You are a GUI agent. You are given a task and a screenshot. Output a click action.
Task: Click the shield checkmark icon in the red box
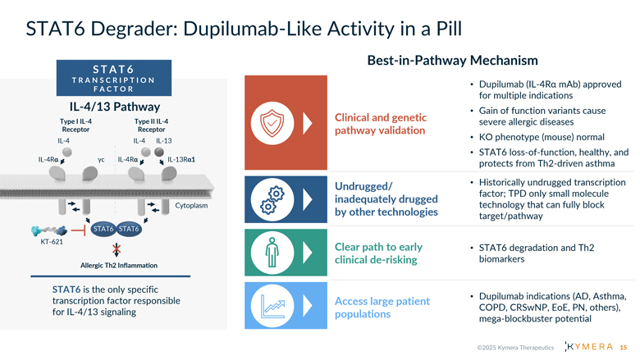[x=272, y=122]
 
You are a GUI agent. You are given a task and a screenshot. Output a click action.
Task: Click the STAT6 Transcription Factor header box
[x=113, y=77]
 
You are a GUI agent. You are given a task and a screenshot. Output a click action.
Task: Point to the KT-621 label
[x=53, y=242]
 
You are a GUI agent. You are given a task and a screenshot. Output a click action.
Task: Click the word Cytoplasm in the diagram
[x=191, y=206]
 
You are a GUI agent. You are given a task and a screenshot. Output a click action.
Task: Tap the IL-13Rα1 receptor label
[x=181, y=160]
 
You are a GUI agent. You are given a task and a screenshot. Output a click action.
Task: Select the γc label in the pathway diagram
[x=100, y=160]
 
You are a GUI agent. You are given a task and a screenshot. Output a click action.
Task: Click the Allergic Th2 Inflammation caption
[x=119, y=266]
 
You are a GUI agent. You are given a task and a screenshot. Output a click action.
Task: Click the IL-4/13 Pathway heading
[x=113, y=107]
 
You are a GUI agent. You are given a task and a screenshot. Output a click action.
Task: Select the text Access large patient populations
[x=382, y=307]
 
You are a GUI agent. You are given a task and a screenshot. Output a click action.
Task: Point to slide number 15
[x=624, y=348]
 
